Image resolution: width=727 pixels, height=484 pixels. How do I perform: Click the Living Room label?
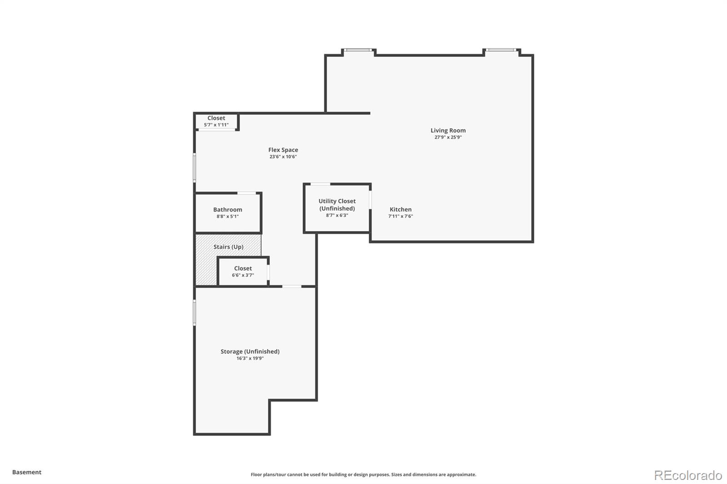click(448, 130)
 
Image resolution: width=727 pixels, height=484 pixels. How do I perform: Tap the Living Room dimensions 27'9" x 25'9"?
click(448, 137)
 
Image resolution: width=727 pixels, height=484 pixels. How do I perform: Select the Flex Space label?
click(283, 150)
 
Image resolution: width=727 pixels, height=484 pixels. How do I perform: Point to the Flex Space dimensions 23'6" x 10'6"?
click(283, 157)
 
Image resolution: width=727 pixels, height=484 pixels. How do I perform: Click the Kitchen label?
click(400, 210)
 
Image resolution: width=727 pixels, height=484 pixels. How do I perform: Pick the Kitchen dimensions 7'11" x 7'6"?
click(400, 217)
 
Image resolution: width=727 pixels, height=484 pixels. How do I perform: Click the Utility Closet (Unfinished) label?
click(337, 205)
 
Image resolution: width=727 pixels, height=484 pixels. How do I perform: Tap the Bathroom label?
click(228, 210)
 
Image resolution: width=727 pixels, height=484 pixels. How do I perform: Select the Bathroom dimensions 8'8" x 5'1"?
click(228, 217)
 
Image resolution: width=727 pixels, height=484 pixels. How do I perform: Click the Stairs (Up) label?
click(229, 247)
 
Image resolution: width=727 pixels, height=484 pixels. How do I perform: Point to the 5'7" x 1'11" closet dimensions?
click(216, 125)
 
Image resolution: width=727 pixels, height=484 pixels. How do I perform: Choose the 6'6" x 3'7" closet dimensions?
click(243, 275)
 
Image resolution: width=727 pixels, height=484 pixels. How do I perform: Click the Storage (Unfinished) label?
click(250, 351)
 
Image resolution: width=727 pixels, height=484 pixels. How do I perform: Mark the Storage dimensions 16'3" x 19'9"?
click(250, 358)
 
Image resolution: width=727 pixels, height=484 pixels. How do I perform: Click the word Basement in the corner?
click(27, 472)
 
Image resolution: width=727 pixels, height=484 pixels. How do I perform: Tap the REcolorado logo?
click(688, 475)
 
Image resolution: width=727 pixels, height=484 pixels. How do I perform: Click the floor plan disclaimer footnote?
click(363, 474)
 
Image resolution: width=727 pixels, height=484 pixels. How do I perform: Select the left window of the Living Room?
click(358, 50)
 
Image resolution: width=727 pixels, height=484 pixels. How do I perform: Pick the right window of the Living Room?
click(501, 50)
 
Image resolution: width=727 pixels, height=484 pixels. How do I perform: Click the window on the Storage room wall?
click(194, 312)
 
